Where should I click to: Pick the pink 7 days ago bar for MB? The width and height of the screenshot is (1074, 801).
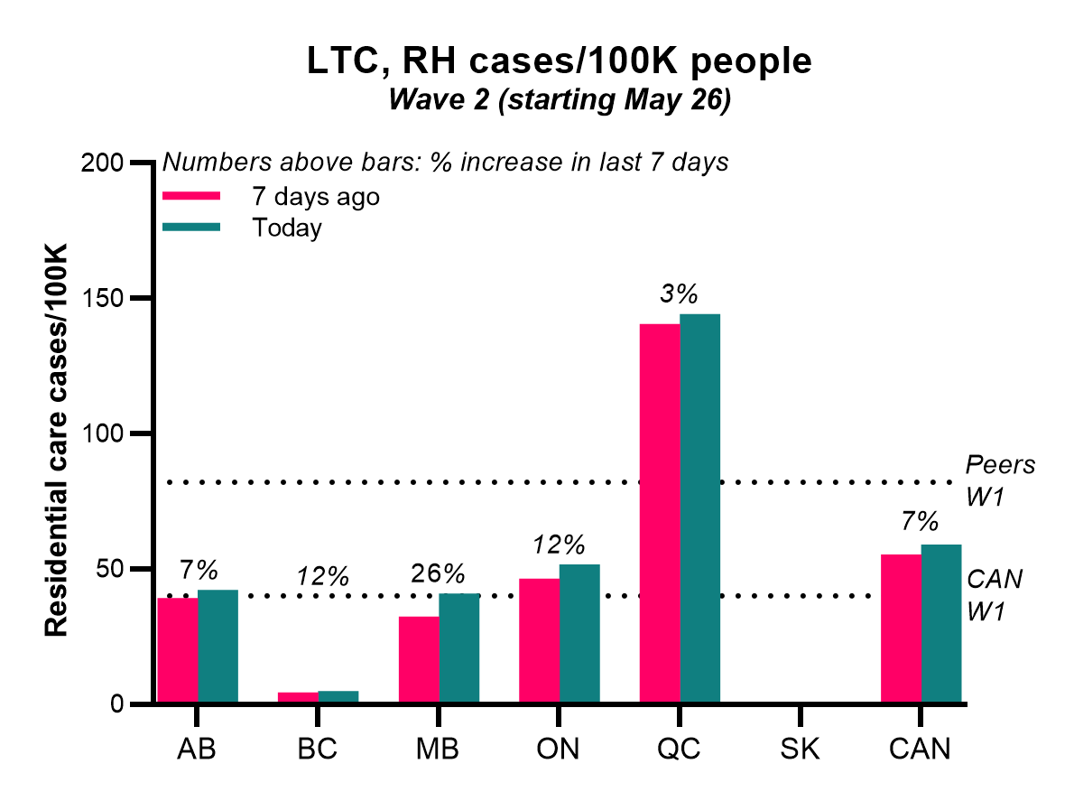(419, 659)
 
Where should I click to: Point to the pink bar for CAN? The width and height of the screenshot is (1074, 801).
(901, 629)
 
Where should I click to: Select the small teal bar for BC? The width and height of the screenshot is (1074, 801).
(338, 696)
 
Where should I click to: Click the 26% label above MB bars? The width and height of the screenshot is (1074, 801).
(438, 573)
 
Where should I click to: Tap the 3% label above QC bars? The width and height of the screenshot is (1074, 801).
(679, 293)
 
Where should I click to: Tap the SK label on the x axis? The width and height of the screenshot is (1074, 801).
(800, 750)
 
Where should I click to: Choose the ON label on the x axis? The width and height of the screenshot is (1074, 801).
(559, 750)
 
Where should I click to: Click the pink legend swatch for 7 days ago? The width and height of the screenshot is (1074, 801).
(190, 196)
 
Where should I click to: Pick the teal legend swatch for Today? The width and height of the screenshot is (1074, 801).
(190, 227)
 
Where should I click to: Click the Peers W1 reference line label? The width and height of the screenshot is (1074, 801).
(1000, 480)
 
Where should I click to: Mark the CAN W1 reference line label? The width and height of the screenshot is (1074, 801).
(995, 594)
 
